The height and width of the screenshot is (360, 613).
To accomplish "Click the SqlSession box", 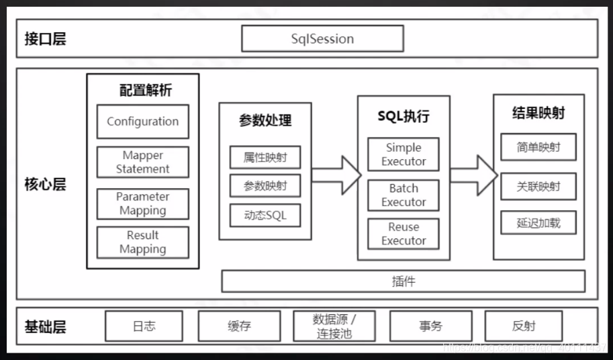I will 322,39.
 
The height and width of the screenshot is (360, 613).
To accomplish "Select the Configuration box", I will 142,122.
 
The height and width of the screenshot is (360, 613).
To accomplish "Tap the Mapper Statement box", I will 142,163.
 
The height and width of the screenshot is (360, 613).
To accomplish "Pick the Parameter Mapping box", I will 142,204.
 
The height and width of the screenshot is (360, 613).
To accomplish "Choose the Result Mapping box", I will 142,242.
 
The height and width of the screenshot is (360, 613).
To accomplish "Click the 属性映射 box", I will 265,157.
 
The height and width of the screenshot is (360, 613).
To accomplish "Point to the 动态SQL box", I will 265,216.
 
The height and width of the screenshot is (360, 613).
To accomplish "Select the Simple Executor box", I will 404,154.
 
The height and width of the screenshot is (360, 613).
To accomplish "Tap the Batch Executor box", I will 404,195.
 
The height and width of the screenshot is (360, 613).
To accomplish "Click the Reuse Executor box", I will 404,234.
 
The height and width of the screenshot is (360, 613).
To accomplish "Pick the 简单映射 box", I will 538,147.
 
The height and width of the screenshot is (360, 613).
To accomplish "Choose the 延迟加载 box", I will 538,223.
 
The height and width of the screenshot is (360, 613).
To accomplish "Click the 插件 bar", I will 403,281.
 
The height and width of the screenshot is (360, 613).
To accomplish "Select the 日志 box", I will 144,326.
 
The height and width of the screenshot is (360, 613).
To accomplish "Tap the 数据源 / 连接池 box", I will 334,326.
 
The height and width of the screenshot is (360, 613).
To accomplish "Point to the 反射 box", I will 524,326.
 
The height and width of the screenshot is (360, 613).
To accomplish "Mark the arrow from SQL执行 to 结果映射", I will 473,175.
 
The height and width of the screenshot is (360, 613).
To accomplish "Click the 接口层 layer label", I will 46,38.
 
